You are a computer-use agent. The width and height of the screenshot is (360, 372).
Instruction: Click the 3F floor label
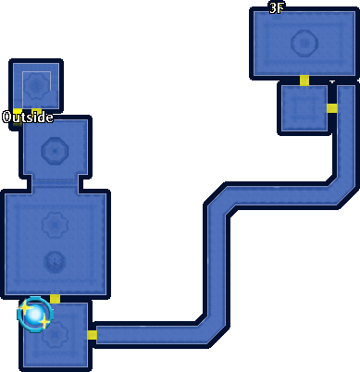276,8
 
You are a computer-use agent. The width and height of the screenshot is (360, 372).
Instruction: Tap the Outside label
28,118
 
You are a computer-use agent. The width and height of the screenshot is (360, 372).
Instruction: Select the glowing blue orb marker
35,315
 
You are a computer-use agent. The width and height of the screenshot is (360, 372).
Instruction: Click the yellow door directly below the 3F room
304,81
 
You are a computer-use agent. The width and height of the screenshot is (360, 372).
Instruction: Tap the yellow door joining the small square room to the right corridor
332,108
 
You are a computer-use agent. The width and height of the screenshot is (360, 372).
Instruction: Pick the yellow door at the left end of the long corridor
92,335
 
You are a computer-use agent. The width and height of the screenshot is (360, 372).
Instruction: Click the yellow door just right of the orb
55,299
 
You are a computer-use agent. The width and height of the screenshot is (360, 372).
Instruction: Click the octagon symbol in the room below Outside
55,151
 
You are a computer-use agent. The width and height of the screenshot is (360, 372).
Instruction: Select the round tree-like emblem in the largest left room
55,262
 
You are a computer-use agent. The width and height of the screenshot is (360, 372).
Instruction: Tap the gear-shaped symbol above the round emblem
55,225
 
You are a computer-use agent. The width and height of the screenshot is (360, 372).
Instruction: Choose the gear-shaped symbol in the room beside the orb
55,335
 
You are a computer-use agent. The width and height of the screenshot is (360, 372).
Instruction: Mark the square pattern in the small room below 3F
304,108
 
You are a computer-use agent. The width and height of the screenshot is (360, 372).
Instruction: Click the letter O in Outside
7,118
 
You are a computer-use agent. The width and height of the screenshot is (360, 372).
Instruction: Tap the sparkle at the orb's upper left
26,307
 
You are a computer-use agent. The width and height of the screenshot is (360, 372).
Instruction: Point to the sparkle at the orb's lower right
44,322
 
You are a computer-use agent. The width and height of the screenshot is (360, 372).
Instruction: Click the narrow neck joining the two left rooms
55,183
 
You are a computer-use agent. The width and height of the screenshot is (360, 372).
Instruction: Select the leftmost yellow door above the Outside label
18,111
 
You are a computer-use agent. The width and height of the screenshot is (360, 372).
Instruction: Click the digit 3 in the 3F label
273,8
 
